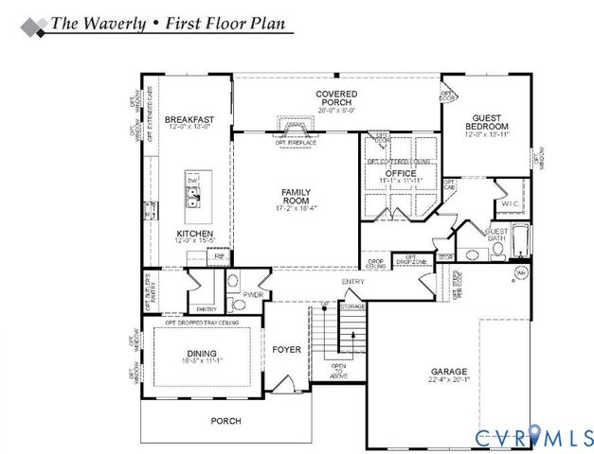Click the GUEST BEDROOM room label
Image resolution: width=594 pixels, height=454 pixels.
[x=487, y=122]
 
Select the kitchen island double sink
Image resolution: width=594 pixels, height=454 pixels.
[x=192, y=198]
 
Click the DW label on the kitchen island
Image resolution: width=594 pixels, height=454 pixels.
[x=191, y=180]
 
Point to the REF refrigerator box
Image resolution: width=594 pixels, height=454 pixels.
[x=220, y=255]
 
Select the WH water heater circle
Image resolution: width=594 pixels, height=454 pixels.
[x=520, y=273]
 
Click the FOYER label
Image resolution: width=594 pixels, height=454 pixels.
[x=286, y=350]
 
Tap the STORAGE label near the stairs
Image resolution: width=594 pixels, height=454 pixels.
[x=352, y=306]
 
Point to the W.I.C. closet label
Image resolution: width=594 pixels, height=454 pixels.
[x=509, y=202]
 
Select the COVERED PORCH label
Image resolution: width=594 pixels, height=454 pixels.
[x=336, y=98]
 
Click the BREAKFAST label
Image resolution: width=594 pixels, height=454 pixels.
[x=189, y=120]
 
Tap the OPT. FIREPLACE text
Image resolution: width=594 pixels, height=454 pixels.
[x=294, y=143]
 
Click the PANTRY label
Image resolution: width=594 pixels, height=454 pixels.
[x=206, y=309]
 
